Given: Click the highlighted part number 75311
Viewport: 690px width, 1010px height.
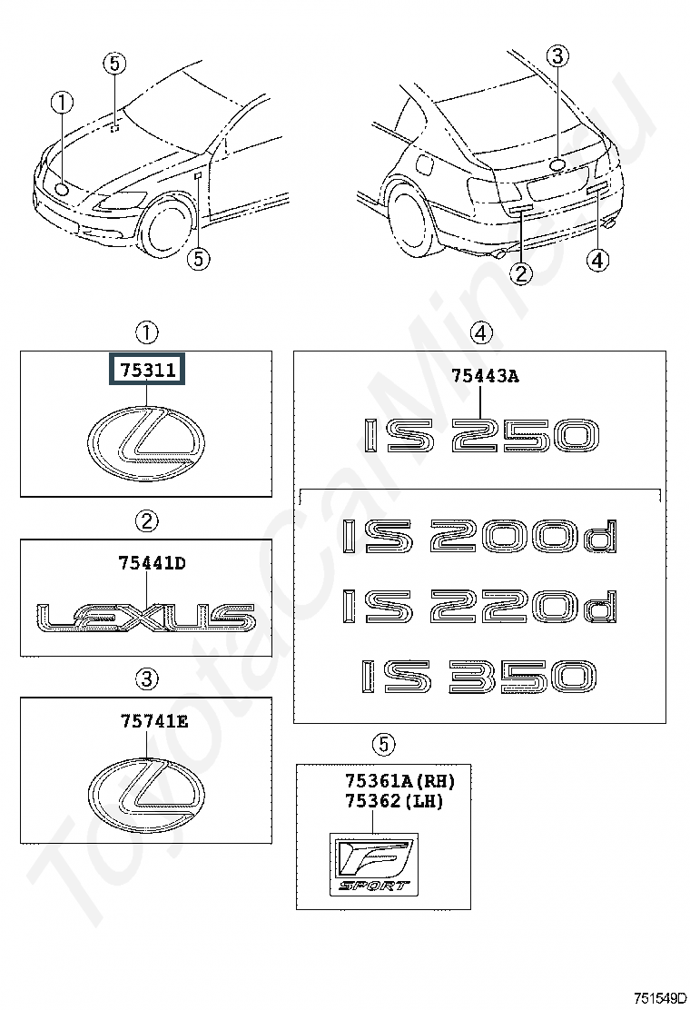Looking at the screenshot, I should [147, 371].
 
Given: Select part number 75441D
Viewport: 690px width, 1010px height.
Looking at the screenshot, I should [152, 563].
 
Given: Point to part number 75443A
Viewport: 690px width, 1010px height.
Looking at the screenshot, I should [485, 376].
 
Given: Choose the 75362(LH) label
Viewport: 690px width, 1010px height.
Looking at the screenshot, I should [393, 801].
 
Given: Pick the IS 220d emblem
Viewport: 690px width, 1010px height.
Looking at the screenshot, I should [479, 607].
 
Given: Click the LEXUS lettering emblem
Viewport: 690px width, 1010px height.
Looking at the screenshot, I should [146, 616].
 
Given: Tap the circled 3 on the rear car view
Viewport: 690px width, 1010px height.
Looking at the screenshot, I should [557, 56].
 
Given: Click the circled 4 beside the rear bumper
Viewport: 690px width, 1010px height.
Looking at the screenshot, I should [596, 261].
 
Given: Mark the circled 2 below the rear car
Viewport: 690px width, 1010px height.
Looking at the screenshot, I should [521, 272].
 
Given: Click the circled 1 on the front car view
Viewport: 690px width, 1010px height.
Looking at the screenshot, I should [62, 103].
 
